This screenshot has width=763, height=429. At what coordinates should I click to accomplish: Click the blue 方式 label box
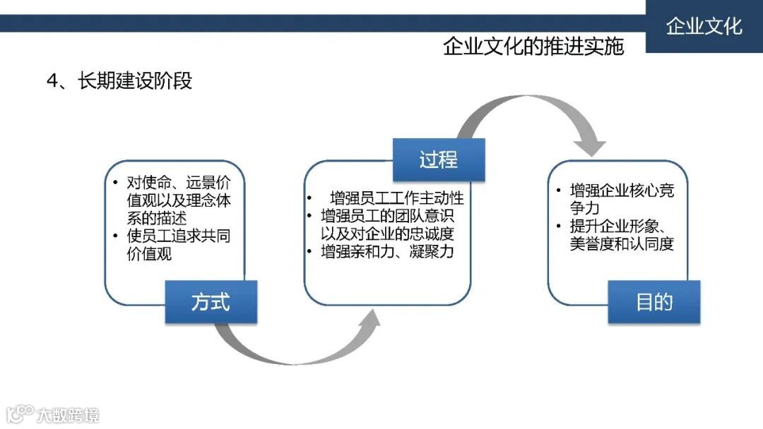pyautogui.click(x=211, y=302)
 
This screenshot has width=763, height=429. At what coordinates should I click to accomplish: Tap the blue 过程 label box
pyautogui.click(x=439, y=159)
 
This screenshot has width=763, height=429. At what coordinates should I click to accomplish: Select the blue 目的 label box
pyautogui.click(x=654, y=302)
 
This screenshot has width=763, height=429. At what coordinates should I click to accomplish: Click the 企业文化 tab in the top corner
pyautogui.click(x=704, y=27)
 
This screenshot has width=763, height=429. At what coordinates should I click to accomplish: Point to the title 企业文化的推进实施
pyautogui.click(x=533, y=47)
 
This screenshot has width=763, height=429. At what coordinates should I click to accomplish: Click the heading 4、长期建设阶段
pyautogui.click(x=119, y=80)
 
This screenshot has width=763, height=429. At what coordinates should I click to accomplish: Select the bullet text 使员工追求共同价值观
pyautogui.click(x=177, y=245)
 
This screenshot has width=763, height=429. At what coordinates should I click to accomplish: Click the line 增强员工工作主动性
pyautogui.click(x=396, y=198)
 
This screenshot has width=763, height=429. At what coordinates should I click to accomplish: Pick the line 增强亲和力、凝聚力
pyautogui.click(x=387, y=251)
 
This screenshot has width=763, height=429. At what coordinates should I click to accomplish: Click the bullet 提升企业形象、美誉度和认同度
pyautogui.click(x=621, y=236)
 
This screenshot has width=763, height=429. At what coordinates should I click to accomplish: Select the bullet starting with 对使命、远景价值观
pyautogui.click(x=178, y=199)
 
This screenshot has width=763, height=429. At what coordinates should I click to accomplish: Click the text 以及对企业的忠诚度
pyautogui.click(x=387, y=233)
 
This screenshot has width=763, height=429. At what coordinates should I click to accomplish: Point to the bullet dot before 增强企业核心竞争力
pyautogui.click(x=559, y=191)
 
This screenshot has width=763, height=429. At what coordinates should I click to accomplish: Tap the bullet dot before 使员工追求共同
pyautogui.click(x=115, y=236)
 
